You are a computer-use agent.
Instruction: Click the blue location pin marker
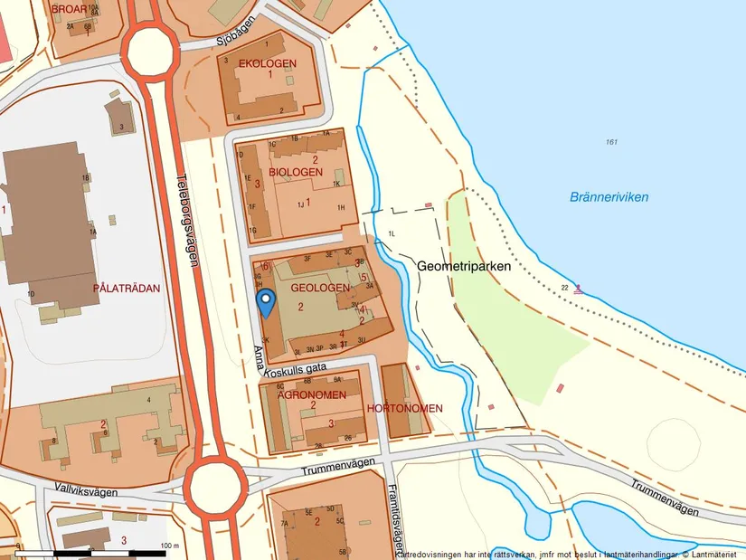[x=265, y=301]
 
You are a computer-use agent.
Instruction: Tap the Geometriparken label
[x=465, y=267]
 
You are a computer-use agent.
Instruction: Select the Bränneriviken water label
[x=609, y=196]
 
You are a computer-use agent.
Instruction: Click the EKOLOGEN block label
[x=267, y=63]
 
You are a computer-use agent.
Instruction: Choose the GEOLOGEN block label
[x=319, y=287]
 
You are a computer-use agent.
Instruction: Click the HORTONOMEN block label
[x=405, y=409]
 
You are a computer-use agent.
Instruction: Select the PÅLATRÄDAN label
[x=127, y=289]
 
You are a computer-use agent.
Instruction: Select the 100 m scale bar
[x=95, y=551]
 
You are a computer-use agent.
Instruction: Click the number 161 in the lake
[x=613, y=142]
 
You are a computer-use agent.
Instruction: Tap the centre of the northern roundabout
[x=147, y=52]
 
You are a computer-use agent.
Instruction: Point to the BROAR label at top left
[x=70, y=8]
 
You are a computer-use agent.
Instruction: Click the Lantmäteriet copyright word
[x=716, y=555]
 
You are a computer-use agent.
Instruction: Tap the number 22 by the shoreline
[x=564, y=288]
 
